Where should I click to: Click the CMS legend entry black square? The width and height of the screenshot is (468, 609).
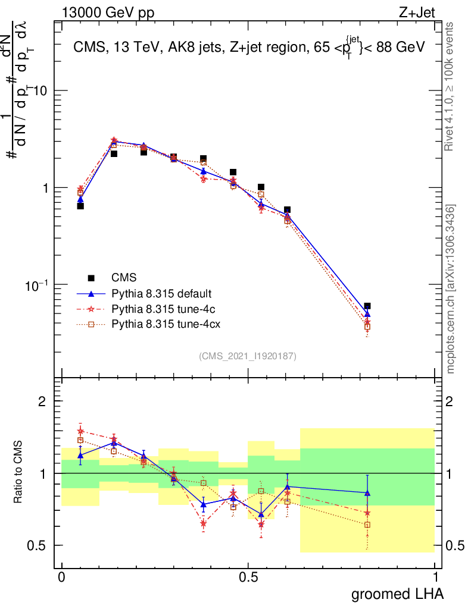[x=91, y=277]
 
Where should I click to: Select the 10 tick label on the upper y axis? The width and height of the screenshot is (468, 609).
[x=39, y=90]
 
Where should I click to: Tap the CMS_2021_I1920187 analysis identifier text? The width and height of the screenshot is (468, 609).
[x=248, y=356]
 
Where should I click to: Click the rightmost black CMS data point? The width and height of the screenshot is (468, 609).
[x=367, y=306]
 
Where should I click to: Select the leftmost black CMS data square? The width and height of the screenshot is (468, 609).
[x=80, y=206]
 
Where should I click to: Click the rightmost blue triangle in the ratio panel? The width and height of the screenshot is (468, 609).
[x=367, y=492]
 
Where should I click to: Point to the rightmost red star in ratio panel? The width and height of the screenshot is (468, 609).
[x=367, y=513]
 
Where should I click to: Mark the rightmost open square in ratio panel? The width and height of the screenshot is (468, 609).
[x=367, y=525]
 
